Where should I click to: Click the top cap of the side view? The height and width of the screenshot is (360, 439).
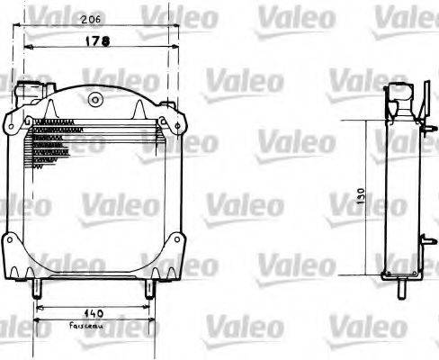coord(401,91)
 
